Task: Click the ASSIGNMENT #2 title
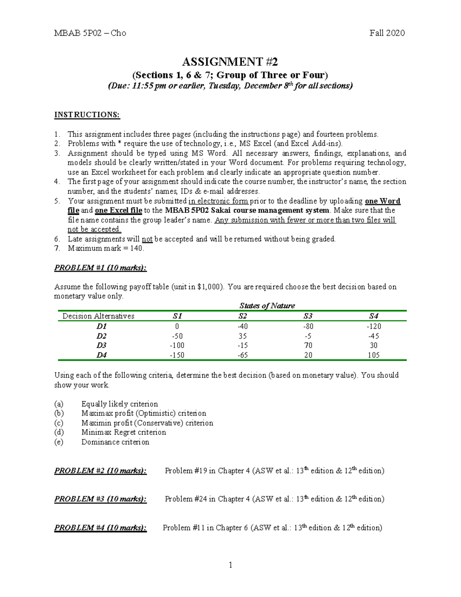(230, 62)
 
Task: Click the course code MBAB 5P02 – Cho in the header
(90, 33)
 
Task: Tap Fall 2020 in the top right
(387, 33)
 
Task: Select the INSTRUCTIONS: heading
(87, 115)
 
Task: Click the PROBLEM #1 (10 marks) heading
(100, 268)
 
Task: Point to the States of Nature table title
(267, 306)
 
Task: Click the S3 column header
(308, 316)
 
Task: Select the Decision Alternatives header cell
(98, 316)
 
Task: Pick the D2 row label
(101, 336)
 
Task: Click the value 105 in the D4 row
(373, 355)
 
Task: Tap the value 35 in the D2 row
(242, 336)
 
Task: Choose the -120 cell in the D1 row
(373, 326)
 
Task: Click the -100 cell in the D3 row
(177, 346)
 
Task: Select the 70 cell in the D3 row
(308, 346)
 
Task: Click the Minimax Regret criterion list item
(124, 432)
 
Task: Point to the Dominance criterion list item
(115, 442)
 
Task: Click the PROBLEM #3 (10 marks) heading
(100, 499)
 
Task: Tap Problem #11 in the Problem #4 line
(183, 528)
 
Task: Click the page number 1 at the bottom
(230, 565)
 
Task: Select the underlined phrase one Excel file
(118, 210)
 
